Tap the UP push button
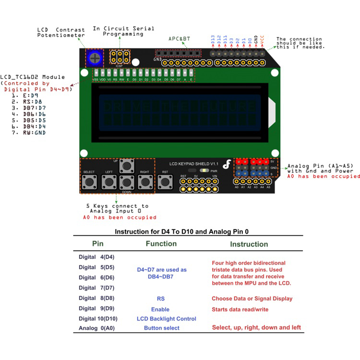tap(127, 166)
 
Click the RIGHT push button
tap(145, 182)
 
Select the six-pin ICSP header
tap(118, 58)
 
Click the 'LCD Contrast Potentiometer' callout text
tap(61, 32)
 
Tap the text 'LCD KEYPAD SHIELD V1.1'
tap(194, 164)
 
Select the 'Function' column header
tap(161, 244)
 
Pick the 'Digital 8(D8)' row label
tap(96, 298)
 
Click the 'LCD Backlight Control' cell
tap(166, 319)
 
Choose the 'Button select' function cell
tap(162, 328)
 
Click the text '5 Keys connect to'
tap(117, 206)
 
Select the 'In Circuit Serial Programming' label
tap(123, 31)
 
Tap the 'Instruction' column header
tap(249, 244)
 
